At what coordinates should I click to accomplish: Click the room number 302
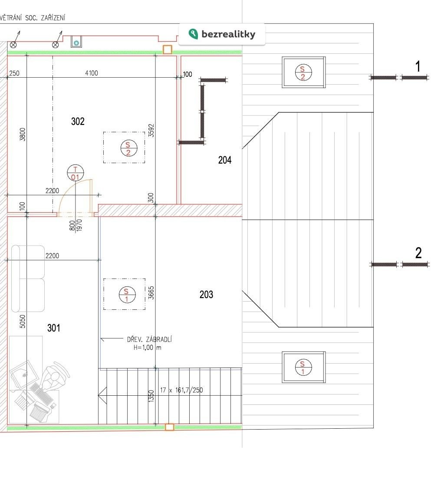pos(78,121)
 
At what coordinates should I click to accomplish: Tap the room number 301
pos(54,328)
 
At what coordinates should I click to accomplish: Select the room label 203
pos(206,295)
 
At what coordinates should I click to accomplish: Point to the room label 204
pos(225,160)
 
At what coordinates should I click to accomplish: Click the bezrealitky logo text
pos(229,34)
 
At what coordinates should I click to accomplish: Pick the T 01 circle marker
pos(76,173)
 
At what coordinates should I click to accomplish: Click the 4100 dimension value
pos(92,73)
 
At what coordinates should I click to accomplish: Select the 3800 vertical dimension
pos(23,134)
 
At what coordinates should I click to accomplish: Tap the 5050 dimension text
pos(23,322)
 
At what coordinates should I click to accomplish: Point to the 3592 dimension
pos(151,131)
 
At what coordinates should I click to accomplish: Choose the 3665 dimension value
pos(151,292)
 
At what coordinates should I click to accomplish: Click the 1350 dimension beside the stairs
pos(151,397)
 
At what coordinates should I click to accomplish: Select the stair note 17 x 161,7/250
pos(181,390)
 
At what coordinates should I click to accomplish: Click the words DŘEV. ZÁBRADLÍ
pos(149,339)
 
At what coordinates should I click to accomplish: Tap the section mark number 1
pos(418,66)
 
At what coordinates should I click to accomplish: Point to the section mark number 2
pos(418,253)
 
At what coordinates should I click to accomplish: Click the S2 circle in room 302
pos(128,148)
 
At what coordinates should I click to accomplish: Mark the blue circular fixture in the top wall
pos(76,43)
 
